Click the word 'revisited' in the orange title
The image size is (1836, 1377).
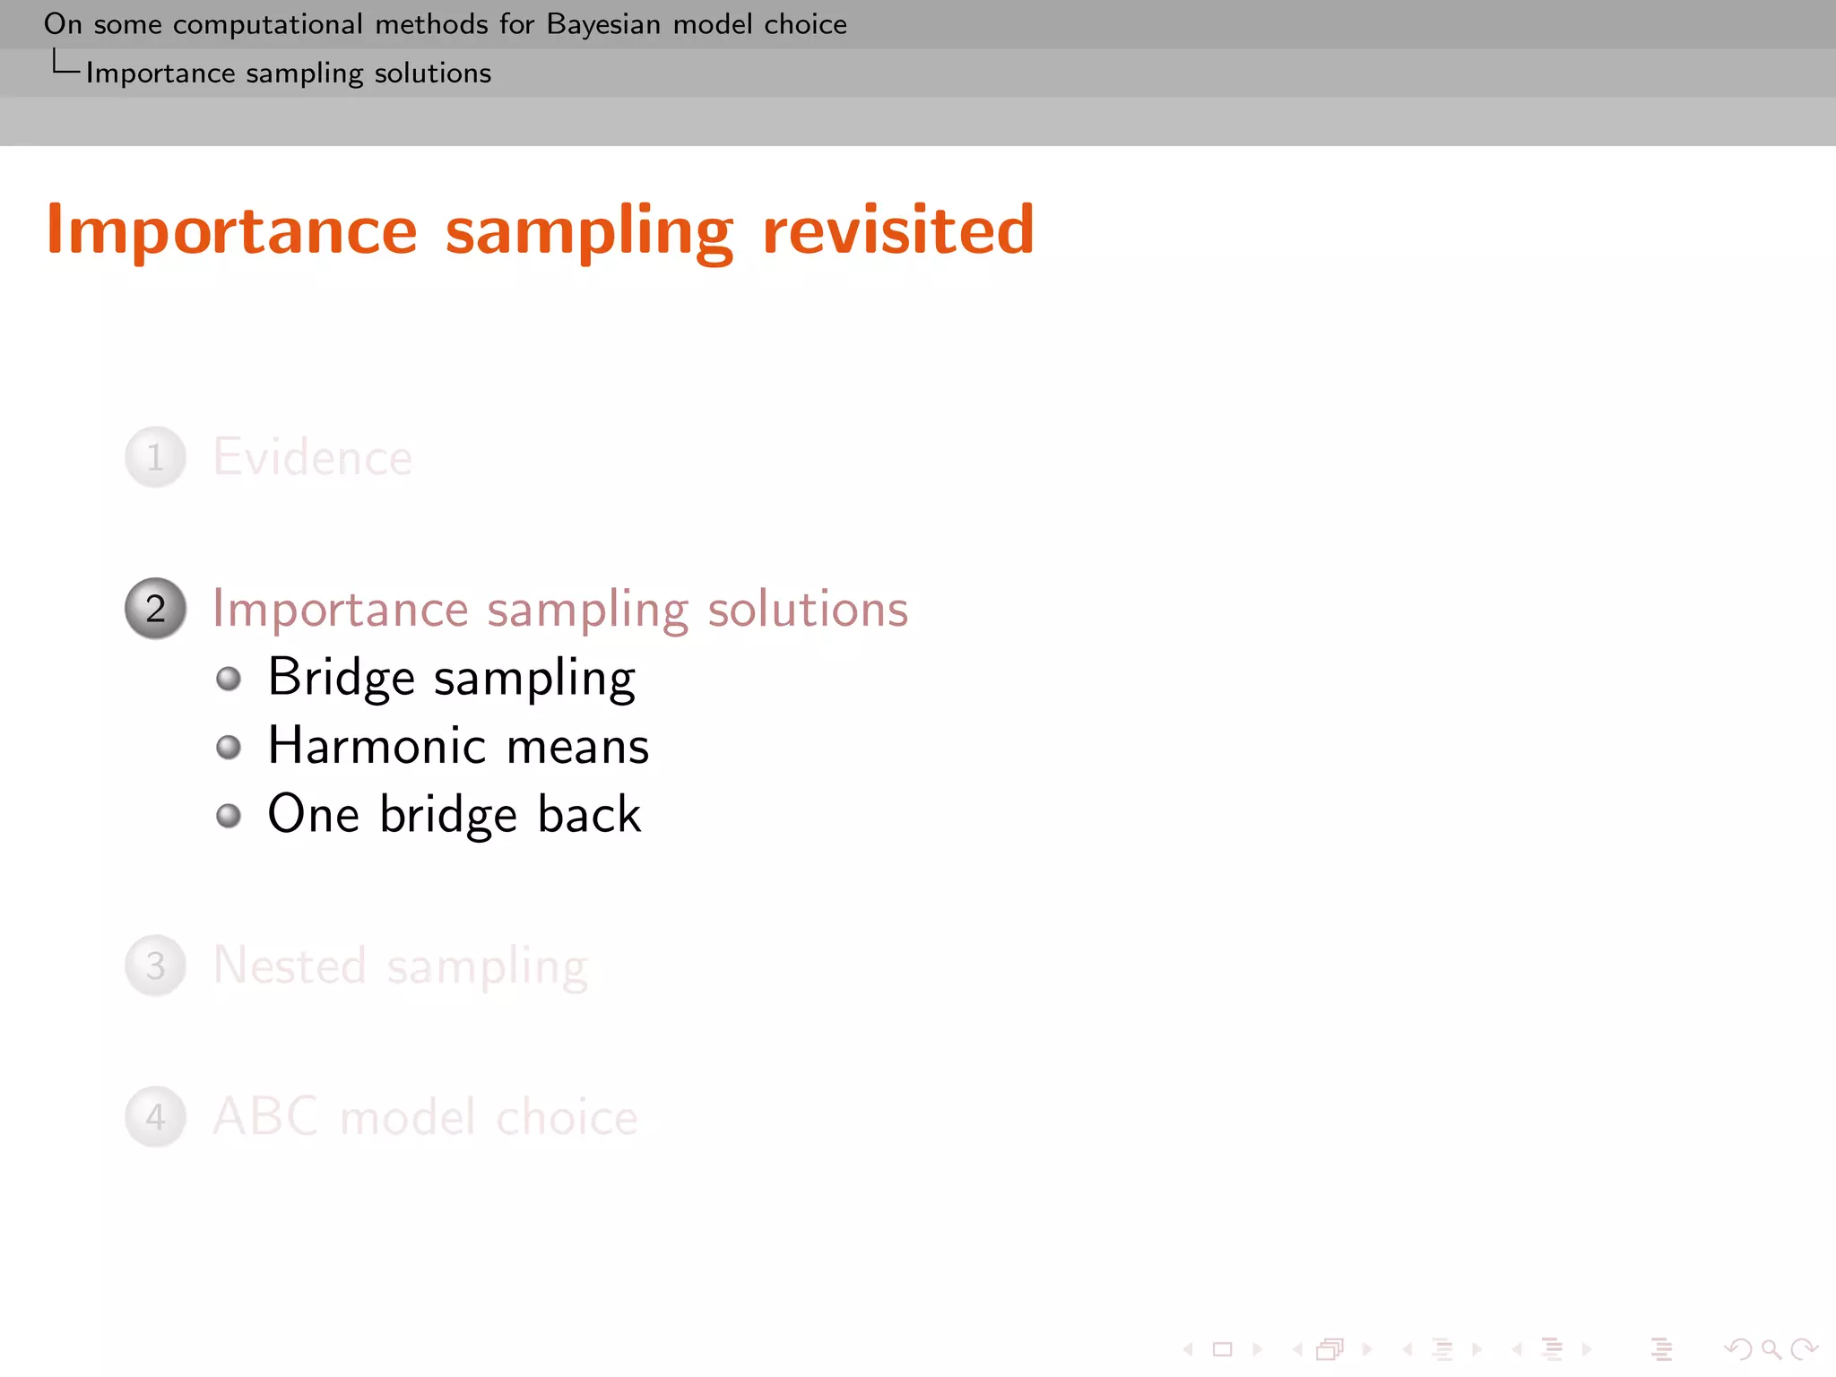pyautogui.click(x=898, y=230)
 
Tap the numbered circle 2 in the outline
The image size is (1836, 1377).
pyautogui.click(x=156, y=609)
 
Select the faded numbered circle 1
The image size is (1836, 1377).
pyautogui.click(x=156, y=457)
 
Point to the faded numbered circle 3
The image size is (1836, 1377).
pyautogui.click(x=156, y=966)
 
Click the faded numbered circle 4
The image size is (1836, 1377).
pyautogui.click(x=156, y=1117)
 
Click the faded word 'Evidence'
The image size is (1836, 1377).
pyautogui.click(x=313, y=457)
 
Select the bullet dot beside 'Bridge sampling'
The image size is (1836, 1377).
pyautogui.click(x=229, y=679)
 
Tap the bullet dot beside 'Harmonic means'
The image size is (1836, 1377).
pyautogui.click(x=229, y=747)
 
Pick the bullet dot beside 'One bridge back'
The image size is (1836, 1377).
pyautogui.click(x=229, y=815)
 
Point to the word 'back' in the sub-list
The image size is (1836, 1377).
pyautogui.click(x=589, y=814)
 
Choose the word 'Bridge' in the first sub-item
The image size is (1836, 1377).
pyautogui.click(x=341, y=679)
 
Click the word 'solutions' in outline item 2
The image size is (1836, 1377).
pyautogui.click(x=808, y=610)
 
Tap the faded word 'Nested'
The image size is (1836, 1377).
pyautogui.click(x=290, y=966)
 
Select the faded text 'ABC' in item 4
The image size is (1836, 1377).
pyautogui.click(x=265, y=1117)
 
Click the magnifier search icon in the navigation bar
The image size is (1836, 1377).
pyautogui.click(x=1770, y=1348)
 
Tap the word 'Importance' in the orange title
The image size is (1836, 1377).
pyautogui.click(x=232, y=230)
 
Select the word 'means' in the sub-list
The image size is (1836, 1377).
pyautogui.click(x=577, y=746)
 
